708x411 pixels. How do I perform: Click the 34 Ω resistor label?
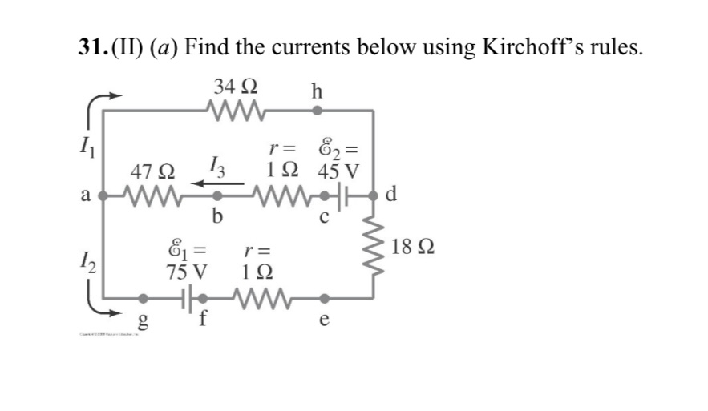[238, 86]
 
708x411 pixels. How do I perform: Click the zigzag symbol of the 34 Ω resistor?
[233, 108]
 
